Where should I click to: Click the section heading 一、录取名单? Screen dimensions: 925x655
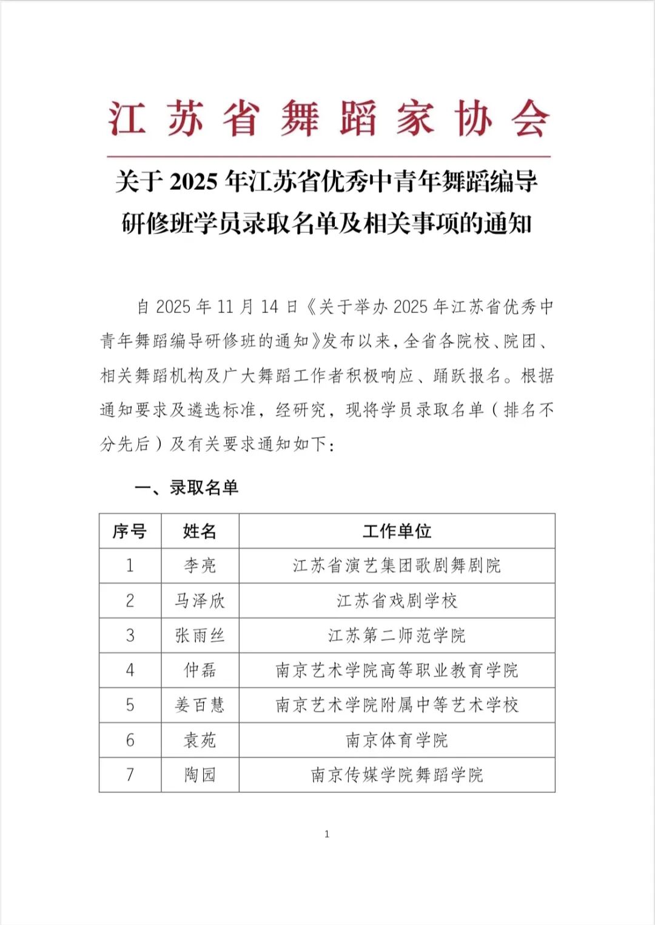186,488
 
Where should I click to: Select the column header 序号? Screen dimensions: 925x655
130,531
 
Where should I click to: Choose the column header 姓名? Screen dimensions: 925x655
200,531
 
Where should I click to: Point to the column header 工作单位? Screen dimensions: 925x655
397,531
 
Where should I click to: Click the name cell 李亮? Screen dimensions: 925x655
200,566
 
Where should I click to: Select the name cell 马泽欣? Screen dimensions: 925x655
200,601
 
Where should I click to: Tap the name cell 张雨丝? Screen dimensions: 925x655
200,636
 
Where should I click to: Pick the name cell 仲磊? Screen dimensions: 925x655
200,670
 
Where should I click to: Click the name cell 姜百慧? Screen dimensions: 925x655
200,705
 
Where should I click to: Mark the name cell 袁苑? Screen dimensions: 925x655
200,740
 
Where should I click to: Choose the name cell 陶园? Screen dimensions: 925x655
200,775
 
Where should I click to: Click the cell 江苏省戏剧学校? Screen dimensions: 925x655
397,601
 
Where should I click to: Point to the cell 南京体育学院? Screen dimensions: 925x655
397,740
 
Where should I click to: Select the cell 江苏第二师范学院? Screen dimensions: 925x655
397,636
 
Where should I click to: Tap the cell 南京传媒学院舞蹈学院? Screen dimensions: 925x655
397,775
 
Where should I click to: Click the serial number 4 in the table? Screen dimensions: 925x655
130,670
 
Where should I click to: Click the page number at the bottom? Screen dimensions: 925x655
327,835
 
